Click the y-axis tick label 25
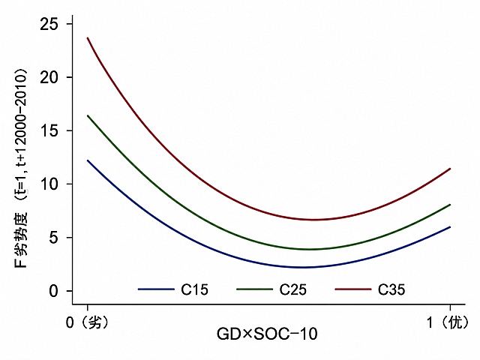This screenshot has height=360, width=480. click(49, 24)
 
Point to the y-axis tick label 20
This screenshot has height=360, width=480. click(49, 77)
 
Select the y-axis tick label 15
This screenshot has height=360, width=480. click(49, 130)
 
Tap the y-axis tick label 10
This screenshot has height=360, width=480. click(49, 184)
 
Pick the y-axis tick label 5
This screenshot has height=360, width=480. click(53, 238)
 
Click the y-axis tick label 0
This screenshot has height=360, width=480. click(53, 291)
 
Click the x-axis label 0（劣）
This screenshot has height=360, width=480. click(88, 322)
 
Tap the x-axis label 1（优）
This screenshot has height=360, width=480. click(448, 322)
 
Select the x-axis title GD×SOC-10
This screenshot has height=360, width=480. click(267, 334)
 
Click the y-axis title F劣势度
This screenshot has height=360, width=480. click(21, 240)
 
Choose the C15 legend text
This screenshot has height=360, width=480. click(194, 289)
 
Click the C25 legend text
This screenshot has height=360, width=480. click(293, 289)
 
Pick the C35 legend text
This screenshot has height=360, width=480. click(391, 289)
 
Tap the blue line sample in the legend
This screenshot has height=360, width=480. click(156, 289)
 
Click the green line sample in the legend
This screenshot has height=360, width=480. click(255, 289)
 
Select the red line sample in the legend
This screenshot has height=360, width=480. click(353, 289)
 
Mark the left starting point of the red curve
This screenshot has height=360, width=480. click(88, 38)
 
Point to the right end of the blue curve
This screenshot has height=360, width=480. click(450, 226)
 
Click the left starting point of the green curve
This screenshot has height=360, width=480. click(88, 115)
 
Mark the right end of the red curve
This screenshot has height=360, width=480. click(450, 169)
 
